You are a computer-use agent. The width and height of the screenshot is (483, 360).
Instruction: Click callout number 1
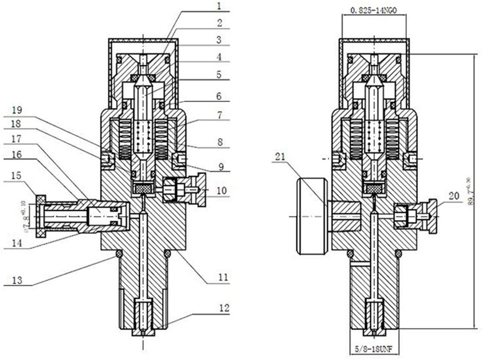click(220, 6)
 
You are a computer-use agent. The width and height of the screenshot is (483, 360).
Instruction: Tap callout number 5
click(220, 74)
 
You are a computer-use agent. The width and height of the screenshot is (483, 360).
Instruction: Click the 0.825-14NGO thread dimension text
click(374, 8)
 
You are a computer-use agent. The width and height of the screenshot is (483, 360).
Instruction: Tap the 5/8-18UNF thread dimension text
click(374, 349)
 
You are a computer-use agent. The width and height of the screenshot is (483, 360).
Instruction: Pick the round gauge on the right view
click(312, 216)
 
